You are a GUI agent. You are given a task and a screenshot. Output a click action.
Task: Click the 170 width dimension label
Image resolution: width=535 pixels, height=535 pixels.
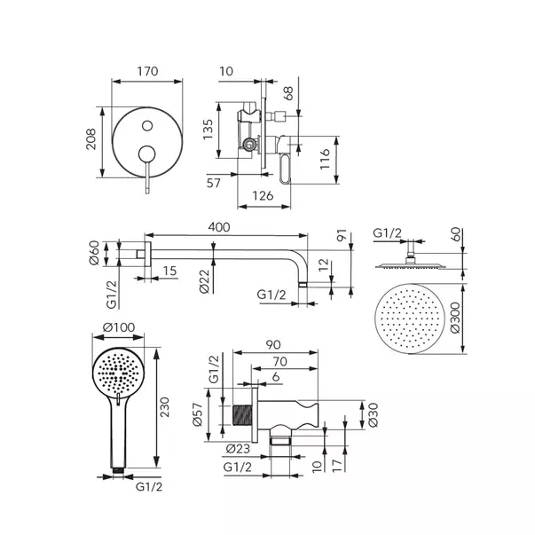pos(147,71)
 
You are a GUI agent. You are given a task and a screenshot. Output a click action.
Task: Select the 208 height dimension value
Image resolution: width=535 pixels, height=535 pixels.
pos(91,139)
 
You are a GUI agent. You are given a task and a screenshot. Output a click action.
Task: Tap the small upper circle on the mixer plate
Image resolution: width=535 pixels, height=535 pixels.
pos(147,126)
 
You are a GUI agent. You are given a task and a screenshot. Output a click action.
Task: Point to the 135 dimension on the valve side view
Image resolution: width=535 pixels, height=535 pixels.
pos(208,130)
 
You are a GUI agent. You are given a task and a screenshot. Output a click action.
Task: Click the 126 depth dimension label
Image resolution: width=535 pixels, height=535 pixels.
pos(263,196)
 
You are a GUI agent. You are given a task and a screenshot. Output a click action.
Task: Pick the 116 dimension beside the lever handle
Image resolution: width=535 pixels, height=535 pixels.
pos(325,159)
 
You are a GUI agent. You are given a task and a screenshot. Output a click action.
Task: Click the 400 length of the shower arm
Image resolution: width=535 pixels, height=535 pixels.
pos(219,227)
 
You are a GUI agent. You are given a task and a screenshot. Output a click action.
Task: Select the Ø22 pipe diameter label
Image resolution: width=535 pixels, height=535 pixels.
pos(204,281)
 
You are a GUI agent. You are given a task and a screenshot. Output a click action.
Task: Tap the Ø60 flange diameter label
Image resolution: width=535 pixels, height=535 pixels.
pos(94,253)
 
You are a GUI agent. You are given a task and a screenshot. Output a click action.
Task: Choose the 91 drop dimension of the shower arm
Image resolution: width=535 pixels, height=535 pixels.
pos(342,235)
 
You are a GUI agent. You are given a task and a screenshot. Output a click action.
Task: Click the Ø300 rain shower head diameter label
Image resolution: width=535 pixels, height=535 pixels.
pos(455,318)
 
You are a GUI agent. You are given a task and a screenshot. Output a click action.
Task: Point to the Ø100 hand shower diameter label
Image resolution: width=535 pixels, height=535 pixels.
pos(119,327)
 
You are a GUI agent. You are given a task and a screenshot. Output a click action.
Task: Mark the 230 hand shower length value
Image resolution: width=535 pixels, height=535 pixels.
pos(165,407)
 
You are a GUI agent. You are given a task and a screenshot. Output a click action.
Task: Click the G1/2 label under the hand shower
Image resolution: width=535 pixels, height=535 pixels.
pos(149,487)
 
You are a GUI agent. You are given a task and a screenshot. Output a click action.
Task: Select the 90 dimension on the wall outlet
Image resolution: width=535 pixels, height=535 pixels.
pos(273,345)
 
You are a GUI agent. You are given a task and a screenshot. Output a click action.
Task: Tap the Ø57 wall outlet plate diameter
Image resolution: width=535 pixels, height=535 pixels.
pos(198,414)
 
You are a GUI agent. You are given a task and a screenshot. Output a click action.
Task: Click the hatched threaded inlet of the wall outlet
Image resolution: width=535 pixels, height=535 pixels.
pos(242,415)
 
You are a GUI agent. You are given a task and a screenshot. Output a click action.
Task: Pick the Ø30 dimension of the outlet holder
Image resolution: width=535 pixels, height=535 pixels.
pos(374,415)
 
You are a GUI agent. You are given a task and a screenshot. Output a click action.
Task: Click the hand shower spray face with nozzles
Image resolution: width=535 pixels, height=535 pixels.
pos(118,374)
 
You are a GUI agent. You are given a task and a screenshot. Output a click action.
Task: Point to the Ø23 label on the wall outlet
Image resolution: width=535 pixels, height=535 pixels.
pos(238,449)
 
